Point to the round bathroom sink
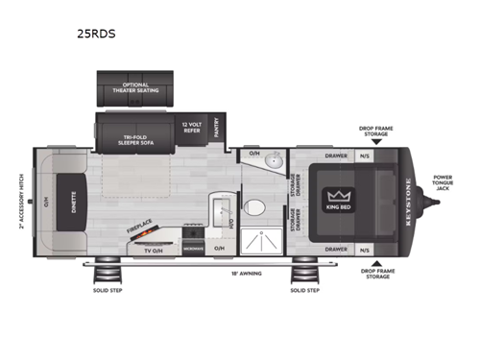(274, 161)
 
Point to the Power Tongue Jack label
(443, 182)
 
